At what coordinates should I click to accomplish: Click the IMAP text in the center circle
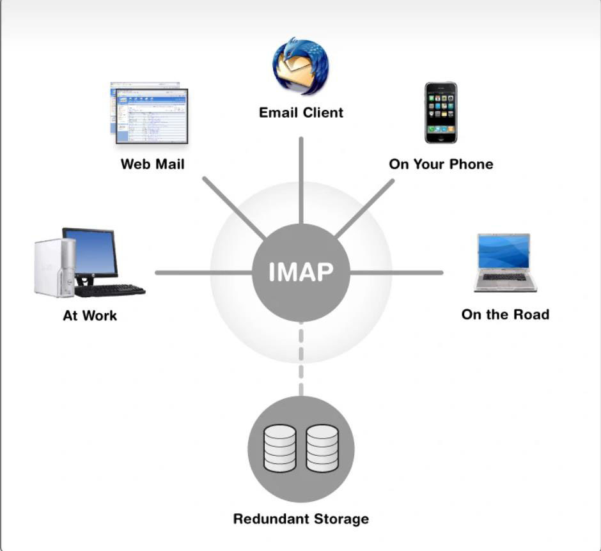(x=300, y=272)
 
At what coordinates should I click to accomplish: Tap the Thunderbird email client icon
(x=300, y=66)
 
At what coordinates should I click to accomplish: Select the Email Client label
(x=300, y=113)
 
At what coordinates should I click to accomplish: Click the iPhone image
(x=441, y=113)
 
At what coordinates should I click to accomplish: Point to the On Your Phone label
(x=441, y=164)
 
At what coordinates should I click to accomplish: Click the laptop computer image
(x=504, y=263)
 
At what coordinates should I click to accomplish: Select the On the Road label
(x=504, y=314)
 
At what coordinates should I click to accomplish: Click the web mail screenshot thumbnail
(x=150, y=114)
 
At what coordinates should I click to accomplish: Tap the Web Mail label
(x=152, y=164)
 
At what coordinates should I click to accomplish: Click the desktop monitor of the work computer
(x=91, y=252)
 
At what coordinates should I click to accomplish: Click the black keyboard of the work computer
(x=110, y=291)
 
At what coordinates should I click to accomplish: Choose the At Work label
(x=90, y=316)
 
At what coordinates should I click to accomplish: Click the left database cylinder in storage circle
(x=279, y=448)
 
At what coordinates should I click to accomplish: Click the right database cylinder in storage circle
(x=322, y=448)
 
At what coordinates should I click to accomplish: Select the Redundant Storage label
(x=300, y=518)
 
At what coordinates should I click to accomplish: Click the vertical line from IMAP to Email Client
(x=300, y=179)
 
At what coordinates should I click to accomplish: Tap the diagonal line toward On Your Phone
(x=364, y=208)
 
